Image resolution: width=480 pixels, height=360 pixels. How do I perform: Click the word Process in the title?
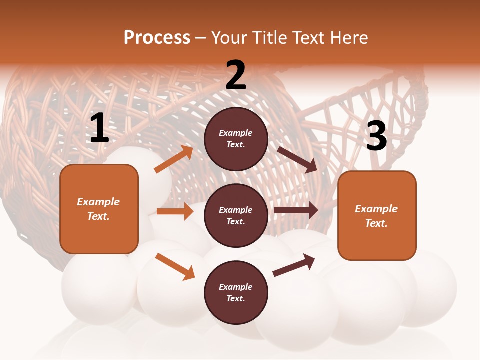[x=157, y=38]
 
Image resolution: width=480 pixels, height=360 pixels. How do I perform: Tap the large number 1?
[x=99, y=128]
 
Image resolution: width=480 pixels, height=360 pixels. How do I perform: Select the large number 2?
[x=236, y=75]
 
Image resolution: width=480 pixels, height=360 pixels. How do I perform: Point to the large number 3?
[x=376, y=136]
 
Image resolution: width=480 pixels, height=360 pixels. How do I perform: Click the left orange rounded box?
[x=99, y=209]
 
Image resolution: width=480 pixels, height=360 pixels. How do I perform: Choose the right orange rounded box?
[x=377, y=216]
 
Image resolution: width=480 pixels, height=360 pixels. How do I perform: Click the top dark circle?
[x=236, y=139]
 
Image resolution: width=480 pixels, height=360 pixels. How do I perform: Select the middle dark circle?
[x=236, y=215]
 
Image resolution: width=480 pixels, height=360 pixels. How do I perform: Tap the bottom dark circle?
[x=236, y=292]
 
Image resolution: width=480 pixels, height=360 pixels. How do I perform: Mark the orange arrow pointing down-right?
[x=175, y=266]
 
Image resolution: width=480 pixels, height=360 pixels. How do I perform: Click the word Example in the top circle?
[x=236, y=133]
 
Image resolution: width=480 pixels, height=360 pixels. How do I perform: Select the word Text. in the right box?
[x=376, y=223]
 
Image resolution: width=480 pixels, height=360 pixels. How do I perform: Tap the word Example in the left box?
[x=98, y=202]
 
